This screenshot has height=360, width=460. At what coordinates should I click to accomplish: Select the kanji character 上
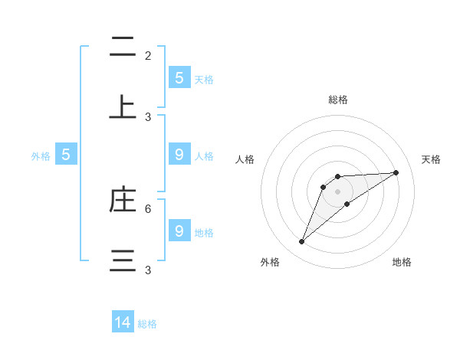click(x=123, y=108)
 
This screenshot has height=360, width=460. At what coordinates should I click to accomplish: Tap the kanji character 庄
click(x=123, y=200)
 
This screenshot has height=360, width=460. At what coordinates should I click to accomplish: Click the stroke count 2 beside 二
click(x=148, y=56)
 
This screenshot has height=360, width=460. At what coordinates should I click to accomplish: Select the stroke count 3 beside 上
click(x=148, y=117)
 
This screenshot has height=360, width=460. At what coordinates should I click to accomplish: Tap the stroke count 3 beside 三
click(x=148, y=270)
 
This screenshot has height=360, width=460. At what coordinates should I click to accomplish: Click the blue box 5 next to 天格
click(x=179, y=78)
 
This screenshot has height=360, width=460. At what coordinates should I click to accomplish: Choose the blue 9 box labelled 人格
click(x=179, y=155)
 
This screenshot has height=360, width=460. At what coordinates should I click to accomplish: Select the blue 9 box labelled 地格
click(x=179, y=231)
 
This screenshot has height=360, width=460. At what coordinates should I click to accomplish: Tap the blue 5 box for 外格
click(x=66, y=155)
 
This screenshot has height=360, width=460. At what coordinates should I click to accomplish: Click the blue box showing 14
click(x=123, y=322)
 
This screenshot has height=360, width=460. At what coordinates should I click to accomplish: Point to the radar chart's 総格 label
click(x=338, y=100)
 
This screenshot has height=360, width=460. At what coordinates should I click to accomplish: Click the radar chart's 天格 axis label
click(x=431, y=159)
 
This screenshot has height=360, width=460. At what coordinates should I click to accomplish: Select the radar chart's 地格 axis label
click(x=402, y=262)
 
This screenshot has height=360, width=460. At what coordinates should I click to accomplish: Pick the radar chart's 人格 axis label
click(x=245, y=159)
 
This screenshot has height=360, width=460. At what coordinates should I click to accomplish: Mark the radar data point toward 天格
click(x=396, y=172)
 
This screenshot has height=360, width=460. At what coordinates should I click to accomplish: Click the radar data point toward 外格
click(x=302, y=242)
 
